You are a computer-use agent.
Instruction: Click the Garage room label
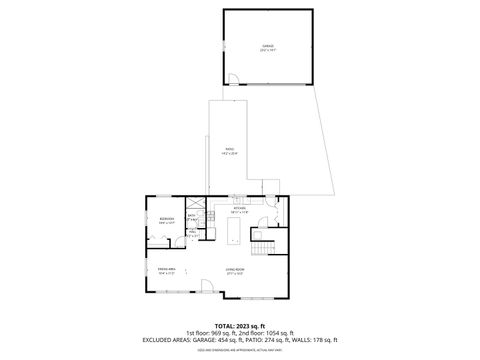(x=267, y=47)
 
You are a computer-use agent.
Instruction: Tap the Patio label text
(x=229, y=151)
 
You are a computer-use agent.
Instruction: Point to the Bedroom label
(x=166, y=220)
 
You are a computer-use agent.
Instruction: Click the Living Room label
(x=236, y=270)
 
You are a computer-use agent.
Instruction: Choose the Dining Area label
(x=167, y=270)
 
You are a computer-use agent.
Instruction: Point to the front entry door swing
(x=204, y=287)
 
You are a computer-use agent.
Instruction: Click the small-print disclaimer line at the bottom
(x=240, y=350)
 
